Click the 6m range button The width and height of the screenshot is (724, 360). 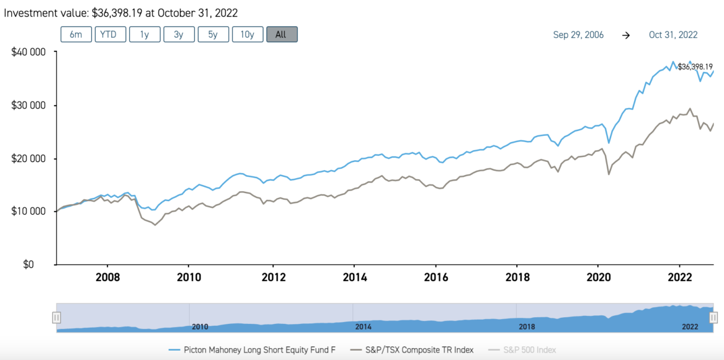(76, 34)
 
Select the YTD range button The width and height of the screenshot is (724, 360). (110, 34)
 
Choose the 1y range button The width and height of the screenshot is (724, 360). (145, 34)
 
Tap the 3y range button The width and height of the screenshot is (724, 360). (179, 34)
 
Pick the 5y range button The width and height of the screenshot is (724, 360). (213, 34)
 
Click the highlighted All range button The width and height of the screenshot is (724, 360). (282, 34)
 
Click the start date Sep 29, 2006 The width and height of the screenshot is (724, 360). (578, 35)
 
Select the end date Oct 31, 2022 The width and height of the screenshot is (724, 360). (674, 35)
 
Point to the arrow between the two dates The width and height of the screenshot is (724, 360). (626, 35)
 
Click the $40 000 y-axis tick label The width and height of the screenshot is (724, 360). (29, 52)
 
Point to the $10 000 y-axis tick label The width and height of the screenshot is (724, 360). (29, 211)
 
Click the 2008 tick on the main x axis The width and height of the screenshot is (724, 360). (108, 277)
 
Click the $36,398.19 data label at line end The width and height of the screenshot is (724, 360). (695, 66)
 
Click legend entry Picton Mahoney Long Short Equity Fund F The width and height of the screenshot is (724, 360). (253, 350)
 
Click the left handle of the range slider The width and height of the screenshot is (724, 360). (56, 318)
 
